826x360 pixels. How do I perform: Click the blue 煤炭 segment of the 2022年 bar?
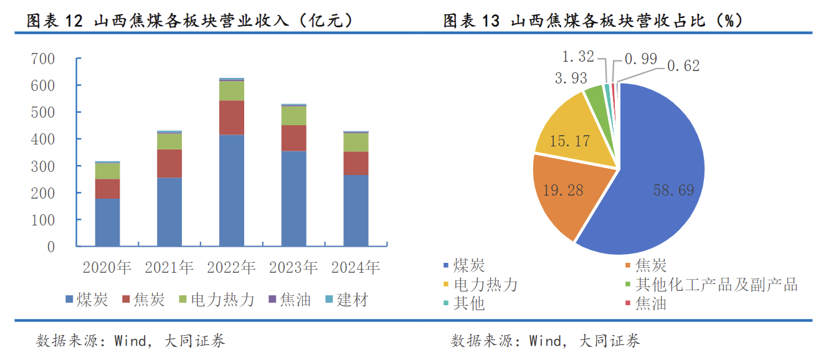tap(231, 190)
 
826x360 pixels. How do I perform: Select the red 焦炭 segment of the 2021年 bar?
tap(169, 163)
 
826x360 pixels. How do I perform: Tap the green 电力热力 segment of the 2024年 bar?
tap(356, 142)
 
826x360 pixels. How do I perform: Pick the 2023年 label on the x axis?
tap(293, 268)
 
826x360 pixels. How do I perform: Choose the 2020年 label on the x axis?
tap(107, 268)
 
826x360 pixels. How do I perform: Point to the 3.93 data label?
tap(571, 78)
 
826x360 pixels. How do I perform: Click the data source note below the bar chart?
tap(131, 341)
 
